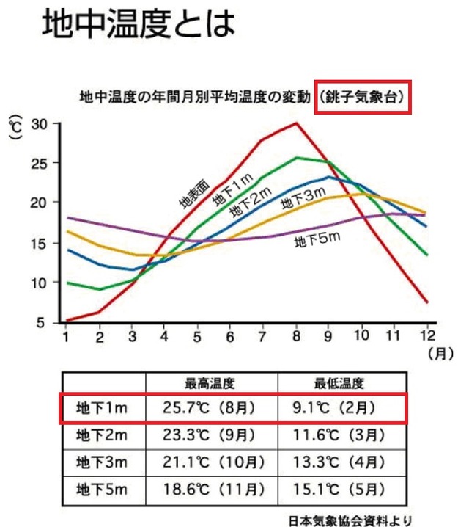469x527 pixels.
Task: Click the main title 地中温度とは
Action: (139, 23)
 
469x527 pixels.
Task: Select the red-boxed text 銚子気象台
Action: (362, 97)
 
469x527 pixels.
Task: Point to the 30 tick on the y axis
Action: (40, 124)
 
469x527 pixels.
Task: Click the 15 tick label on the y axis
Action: (38, 244)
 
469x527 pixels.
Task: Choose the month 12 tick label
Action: (427, 335)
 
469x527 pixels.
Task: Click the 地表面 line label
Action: (195, 195)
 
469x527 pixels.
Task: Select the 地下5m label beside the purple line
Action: (317, 239)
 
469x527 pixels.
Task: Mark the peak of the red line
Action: (296, 123)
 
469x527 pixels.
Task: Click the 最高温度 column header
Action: (210, 383)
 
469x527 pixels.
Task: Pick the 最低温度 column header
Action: (339, 383)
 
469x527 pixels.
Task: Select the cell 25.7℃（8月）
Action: (209, 408)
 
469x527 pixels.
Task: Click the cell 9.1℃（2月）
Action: (334, 408)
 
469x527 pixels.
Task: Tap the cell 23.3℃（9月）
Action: (209, 435)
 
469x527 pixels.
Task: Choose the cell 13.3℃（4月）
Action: (339, 462)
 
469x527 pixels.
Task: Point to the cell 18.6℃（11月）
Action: (214, 490)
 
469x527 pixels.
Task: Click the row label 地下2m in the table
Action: (102, 435)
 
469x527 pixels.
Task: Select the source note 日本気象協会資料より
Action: (350, 520)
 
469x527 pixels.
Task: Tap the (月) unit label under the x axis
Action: (441, 354)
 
